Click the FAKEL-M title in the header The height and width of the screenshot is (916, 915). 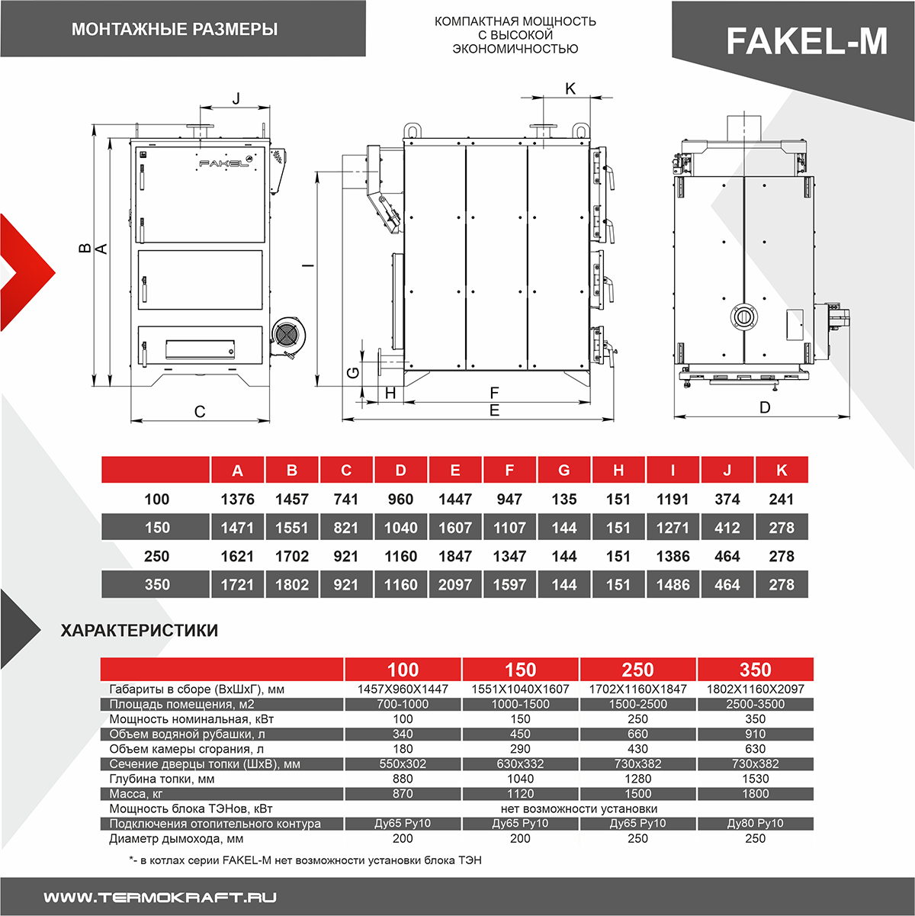coord(806,41)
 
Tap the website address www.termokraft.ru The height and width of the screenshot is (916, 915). coord(160,897)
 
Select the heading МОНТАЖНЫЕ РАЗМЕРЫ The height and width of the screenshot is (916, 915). coord(175,30)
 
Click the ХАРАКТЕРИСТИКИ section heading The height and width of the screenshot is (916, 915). coord(139,631)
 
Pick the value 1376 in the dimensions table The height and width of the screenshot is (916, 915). coord(237,500)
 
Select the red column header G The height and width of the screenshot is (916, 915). coord(563,471)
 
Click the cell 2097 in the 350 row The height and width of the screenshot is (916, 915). coord(454,585)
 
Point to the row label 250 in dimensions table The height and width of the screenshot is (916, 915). coord(156,557)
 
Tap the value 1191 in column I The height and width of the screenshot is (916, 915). coord(673,500)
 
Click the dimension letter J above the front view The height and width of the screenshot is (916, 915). coord(236,98)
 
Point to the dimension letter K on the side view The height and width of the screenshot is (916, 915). coord(570,88)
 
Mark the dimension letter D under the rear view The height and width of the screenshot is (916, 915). coord(765,407)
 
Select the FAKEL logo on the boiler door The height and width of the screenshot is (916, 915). coord(224,162)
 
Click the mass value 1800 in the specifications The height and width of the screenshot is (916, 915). coord(755,794)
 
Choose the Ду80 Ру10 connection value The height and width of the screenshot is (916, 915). coord(755,824)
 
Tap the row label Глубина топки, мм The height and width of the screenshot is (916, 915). coord(162,779)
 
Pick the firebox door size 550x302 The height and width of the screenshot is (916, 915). coord(403,764)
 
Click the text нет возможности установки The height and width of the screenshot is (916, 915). coord(579,808)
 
